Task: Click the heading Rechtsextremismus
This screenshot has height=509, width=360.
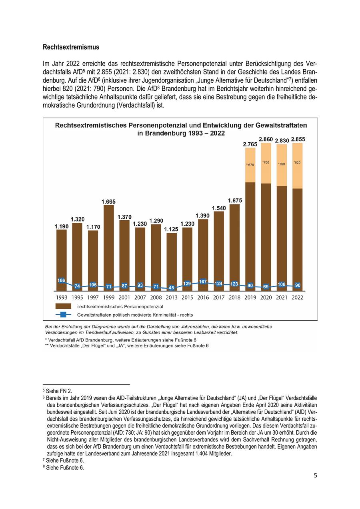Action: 71,47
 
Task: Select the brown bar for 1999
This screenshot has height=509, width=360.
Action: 108,244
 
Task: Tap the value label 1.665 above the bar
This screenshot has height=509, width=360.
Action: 108,202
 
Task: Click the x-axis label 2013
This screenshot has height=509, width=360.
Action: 171,297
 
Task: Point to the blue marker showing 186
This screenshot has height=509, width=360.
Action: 61,281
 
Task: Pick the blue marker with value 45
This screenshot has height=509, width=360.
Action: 171,288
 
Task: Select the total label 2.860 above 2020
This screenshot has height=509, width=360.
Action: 266,139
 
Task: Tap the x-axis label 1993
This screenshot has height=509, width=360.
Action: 61,297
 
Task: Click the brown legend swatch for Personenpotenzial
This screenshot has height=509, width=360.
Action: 64,306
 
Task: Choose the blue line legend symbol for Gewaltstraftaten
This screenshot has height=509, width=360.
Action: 64,315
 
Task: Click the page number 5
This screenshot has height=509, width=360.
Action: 315,475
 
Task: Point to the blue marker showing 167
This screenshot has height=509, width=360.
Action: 203,282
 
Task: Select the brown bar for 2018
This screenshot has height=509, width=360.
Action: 234,244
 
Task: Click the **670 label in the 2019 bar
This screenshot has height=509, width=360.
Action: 250,165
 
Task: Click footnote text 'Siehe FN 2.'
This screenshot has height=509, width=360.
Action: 59,390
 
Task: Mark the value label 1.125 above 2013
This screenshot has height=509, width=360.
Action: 171,230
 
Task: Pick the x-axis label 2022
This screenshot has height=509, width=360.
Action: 297,297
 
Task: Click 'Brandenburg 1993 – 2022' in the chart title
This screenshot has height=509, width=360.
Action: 181,133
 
